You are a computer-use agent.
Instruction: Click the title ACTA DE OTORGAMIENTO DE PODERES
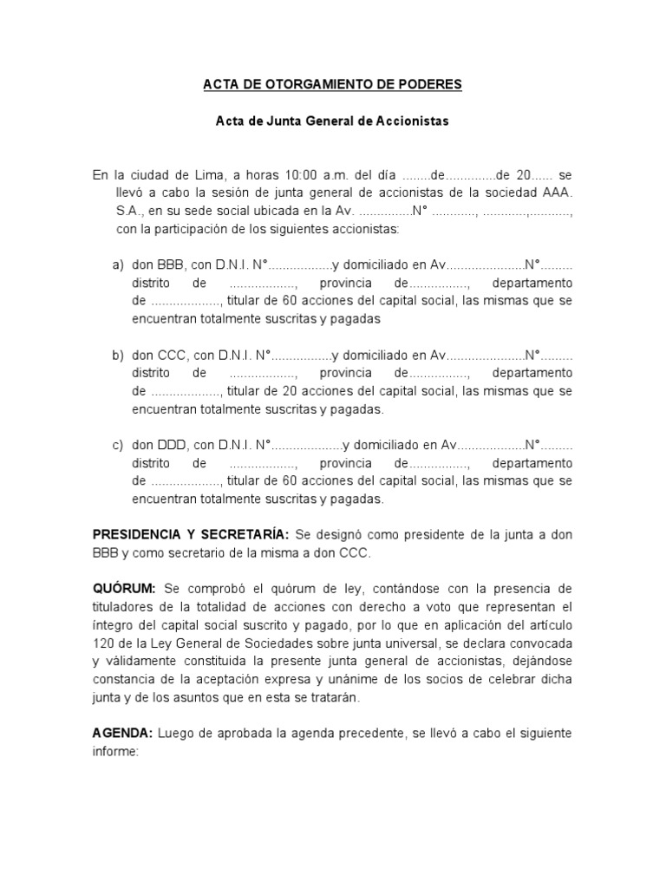[332, 84]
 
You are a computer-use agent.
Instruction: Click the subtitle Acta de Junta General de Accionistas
[332, 122]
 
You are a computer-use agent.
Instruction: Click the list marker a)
[118, 264]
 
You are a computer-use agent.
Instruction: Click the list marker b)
[118, 355]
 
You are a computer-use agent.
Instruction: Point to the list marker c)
[118, 445]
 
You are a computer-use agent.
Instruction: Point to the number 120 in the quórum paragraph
[104, 643]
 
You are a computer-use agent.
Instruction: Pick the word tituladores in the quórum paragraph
[124, 607]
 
